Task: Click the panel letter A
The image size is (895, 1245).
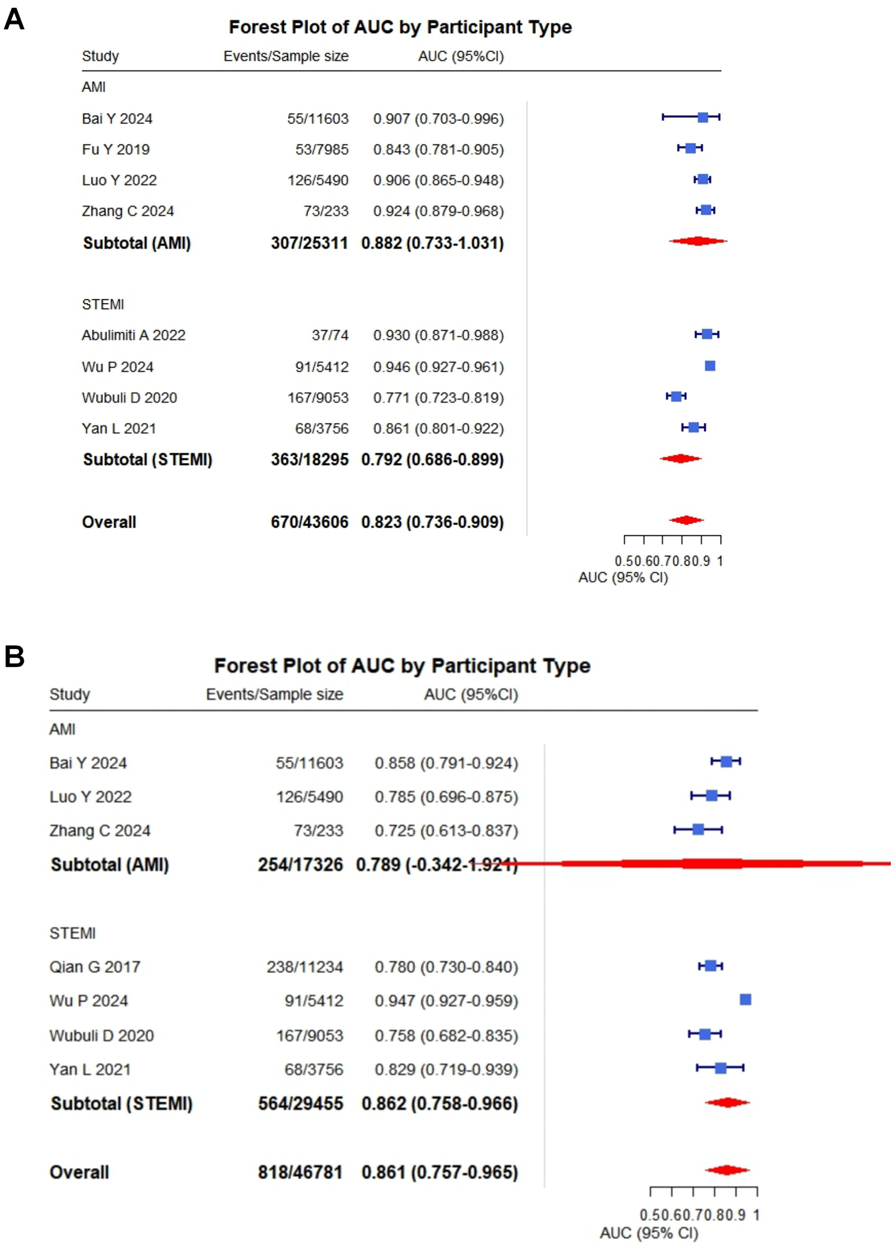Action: click(14, 19)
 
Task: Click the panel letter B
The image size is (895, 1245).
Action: click(14, 656)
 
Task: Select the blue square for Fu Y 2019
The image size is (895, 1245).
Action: click(690, 148)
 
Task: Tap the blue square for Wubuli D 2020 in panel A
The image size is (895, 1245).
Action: click(676, 396)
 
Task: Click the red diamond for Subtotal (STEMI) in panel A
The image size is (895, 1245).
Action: click(680, 459)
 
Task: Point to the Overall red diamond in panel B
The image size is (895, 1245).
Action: click(727, 1170)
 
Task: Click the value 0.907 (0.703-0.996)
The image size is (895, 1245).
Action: click(438, 119)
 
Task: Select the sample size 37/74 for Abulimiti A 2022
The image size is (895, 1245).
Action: click(330, 335)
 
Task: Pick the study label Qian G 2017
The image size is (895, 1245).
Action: click(94, 967)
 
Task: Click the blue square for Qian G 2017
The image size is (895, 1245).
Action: click(711, 966)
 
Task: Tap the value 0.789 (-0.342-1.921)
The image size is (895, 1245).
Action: click(437, 864)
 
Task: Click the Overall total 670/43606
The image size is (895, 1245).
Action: click(309, 522)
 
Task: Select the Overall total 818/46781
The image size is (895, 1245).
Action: click(300, 1172)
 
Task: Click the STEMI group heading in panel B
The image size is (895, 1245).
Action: click(72, 933)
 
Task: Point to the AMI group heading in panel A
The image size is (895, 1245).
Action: click(94, 87)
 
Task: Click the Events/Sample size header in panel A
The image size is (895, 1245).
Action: click(286, 56)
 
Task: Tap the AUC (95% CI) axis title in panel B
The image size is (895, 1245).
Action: click(649, 1232)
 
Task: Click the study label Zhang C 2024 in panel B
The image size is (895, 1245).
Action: click(100, 830)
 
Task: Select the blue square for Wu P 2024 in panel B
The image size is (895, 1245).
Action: click(745, 999)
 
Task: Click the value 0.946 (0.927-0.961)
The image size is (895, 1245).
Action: click(438, 367)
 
